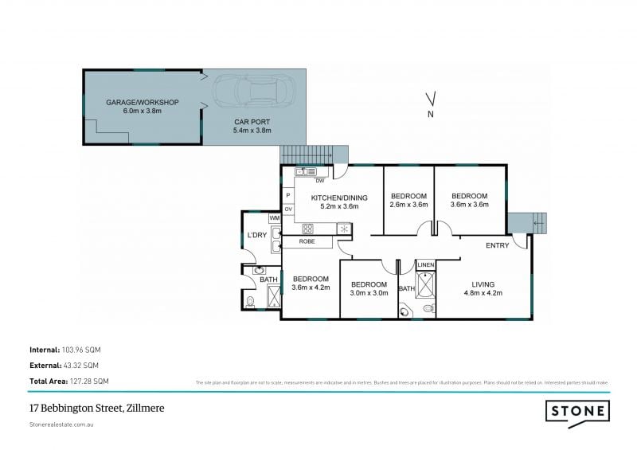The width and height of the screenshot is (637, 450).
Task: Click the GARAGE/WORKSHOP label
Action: coord(143,103)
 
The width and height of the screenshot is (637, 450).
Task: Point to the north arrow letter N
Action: coord(430,115)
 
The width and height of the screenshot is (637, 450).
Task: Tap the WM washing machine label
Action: coord(274,217)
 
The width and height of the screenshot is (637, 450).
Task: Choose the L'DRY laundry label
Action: coord(256,235)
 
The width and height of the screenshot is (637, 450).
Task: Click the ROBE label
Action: coord(307,241)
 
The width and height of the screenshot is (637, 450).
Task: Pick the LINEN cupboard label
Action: coord(426,264)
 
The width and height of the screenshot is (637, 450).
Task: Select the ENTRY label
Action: coord(498,245)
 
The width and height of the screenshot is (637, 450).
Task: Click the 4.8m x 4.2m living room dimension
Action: coord(483,293)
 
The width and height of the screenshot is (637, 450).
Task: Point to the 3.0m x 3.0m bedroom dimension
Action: coord(369,293)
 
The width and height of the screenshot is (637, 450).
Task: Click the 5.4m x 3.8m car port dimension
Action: coord(252,130)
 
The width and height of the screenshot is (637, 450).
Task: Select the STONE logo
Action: coord(578,411)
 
